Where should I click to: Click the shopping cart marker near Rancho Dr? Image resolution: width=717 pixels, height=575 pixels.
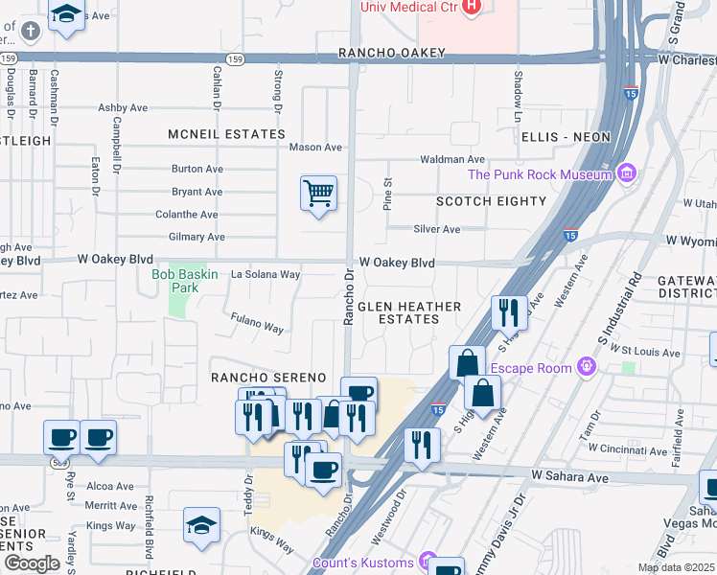tap(318, 194)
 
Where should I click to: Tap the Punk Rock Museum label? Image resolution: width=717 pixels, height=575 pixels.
tap(540, 174)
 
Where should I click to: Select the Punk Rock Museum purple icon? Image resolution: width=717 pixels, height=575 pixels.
tap(627, 173)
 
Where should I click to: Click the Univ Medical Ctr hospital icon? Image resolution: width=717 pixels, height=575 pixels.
tap(471, 8)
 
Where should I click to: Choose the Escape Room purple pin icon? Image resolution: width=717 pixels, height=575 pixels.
tap(587, 367)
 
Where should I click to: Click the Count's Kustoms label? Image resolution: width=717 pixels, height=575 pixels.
tap(363, 563)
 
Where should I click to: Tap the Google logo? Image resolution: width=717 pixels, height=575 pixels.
tap(32, 563)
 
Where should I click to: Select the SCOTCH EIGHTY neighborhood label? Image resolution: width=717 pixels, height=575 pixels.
tap(491, 201)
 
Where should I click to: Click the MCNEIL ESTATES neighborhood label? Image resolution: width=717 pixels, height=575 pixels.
tap(227, 134)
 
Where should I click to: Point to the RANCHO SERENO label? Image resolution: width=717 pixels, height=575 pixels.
tap(269, 378)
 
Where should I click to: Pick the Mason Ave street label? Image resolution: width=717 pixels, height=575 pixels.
tap(315, 148)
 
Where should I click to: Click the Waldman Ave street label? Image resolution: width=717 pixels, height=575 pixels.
tap(452, 159)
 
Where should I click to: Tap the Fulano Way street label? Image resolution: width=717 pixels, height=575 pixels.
tap(257, 323)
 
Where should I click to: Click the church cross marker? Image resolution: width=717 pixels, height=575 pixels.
tap(31, 32)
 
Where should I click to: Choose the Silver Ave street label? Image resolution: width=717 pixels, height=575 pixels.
tap(436, 229)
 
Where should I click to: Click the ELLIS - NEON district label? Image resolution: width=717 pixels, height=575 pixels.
tap(566, 137)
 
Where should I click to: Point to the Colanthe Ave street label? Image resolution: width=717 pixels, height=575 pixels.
tap(187, 215)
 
